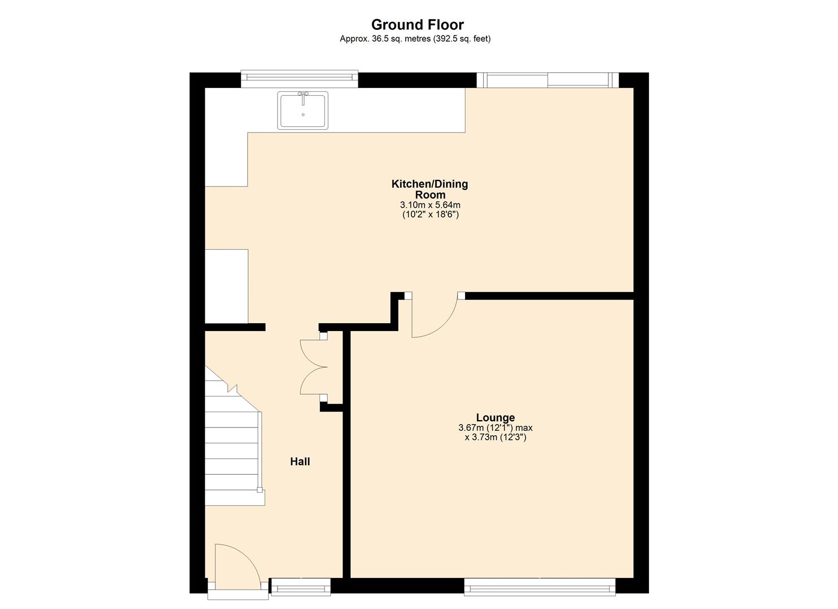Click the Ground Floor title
tap(417, 25)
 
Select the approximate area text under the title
tap(415, 39)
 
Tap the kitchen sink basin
tap(303, 111)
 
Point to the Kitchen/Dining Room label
tap(429, 189)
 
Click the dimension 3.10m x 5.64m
tap(430, 205)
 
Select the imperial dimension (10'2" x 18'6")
tap(430, 214)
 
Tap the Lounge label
tap(495, 417)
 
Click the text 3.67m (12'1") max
tap(495, 428)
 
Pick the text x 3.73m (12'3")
tap(495, 437)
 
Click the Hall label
tap(300, 462)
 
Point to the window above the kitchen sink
tap(299, 80)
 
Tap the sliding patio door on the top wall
tap(547, 80)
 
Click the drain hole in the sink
tap(303, 114)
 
